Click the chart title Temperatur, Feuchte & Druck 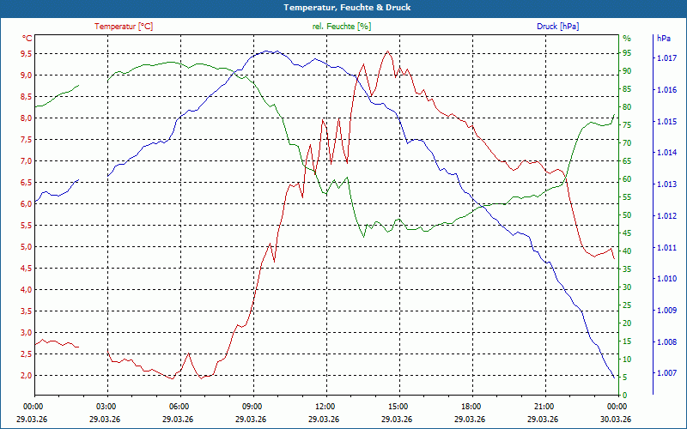point(343,7)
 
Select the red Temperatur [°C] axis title point(124,27)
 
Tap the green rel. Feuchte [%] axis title point(342,27)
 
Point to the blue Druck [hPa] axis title point(557,27)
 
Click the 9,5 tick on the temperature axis point(26,53)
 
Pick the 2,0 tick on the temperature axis point(26,376)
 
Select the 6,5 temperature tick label point(26,183)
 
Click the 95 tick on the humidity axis point(627,53)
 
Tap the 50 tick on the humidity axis point(627,215)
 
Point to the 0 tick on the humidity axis point(625,396)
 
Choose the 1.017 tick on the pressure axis point(666,58)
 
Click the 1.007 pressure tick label point(666,373)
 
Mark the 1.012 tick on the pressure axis point(666,216)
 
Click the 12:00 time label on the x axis point(325,406)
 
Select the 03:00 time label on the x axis point(106,406)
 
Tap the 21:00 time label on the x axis point(544,406)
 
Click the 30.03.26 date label point(617,418)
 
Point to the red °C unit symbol point(27,39)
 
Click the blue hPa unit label point(663,39)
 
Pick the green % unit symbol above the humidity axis point(627,39)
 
